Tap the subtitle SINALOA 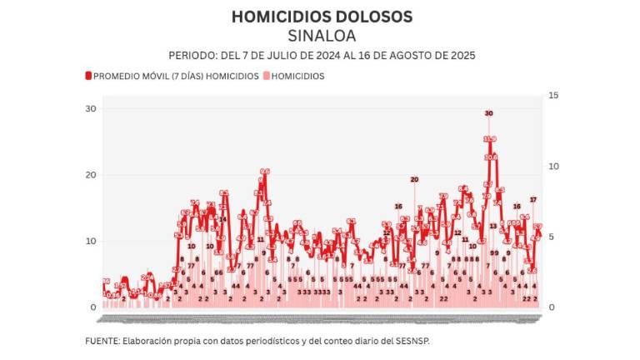(321, 36)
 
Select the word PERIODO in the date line (192, 56)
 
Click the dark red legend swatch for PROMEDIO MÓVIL (87, 76)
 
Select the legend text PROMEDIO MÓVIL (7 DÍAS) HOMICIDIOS (176, 76)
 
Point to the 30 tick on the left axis (91, 109)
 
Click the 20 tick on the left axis (91, 175)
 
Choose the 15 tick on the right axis (552, 96)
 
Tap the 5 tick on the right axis (551, 237)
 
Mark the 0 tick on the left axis (94, 307)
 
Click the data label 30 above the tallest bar (489, 113)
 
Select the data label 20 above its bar (414, 179)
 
